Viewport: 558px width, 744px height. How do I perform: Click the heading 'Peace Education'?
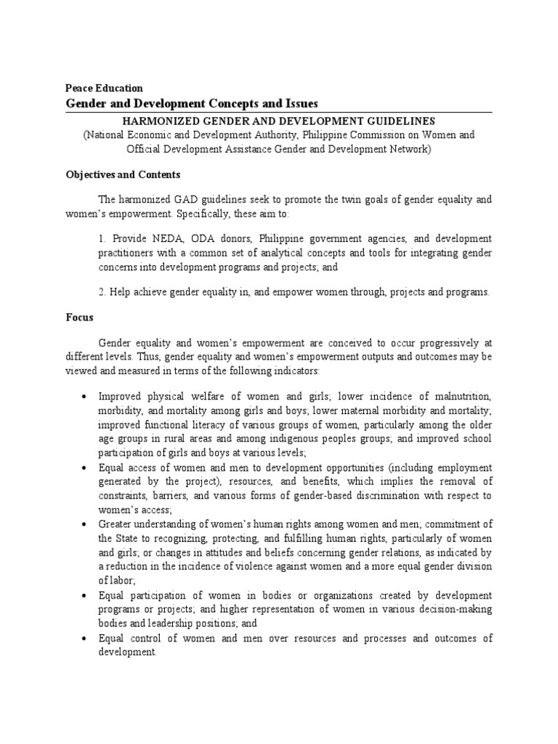[104, 88]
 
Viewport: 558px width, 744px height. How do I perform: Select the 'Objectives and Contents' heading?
[123, 175]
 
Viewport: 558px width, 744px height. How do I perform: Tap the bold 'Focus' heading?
[80, 318]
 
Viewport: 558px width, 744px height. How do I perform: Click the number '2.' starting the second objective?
[102, 292]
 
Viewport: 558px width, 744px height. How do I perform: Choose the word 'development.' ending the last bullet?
[128, 652]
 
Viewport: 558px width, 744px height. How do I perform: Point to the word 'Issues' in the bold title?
[300, 103]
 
